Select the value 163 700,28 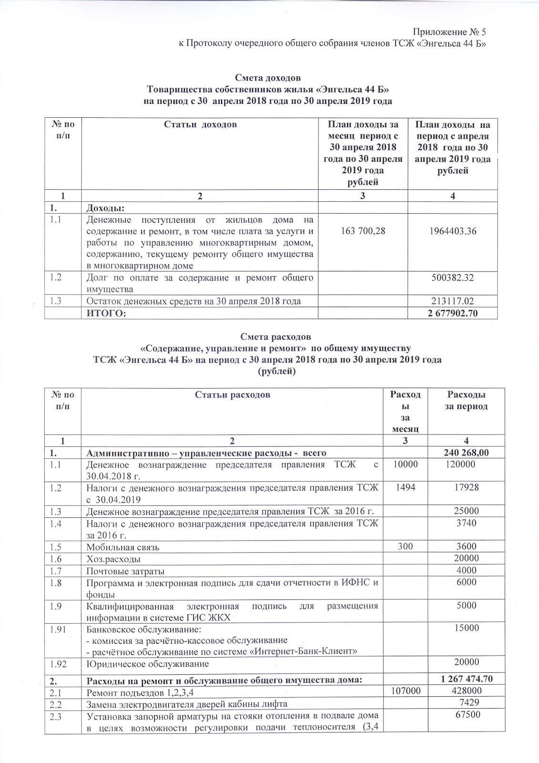pos(363,231)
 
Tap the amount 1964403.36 pos(453,231)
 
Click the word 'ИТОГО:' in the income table pos(106,313)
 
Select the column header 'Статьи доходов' pos(200,125)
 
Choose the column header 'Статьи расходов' pos(233,395)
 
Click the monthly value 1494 pos(405,487)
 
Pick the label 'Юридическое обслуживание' pos(147,664)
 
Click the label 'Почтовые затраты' pos(125,571)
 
